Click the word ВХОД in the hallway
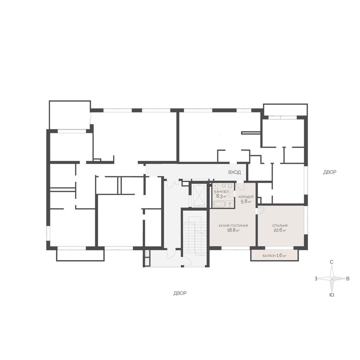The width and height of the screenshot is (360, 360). tap(235, 172)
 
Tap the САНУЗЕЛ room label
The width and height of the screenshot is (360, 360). tap(221, 192)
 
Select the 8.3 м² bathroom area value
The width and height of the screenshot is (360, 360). tap(221, 196)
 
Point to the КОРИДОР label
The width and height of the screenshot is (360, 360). tap(246, 197)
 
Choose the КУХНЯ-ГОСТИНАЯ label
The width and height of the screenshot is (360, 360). tap(233, 226)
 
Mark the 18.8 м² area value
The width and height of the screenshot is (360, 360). tap(233, 230)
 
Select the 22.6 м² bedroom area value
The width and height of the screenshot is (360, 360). tap(280, 230)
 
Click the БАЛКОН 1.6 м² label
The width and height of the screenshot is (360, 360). tap(274, 256)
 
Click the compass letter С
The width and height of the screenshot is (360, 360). tap(331, 262)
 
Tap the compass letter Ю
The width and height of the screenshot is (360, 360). tap(332, 295)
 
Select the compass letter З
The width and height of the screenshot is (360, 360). tap(316, 279)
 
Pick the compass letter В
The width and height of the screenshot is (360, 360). tap(348, 279)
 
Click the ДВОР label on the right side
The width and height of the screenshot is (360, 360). tap(330, 172)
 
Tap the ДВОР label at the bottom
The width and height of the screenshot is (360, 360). tap(180, 293)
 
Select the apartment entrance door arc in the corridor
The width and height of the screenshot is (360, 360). tap(241, 186)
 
